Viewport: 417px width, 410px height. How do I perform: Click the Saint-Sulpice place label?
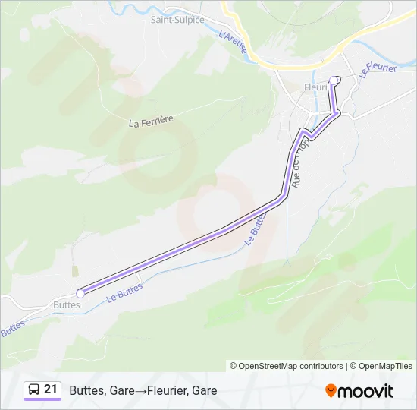(x=177, y=20)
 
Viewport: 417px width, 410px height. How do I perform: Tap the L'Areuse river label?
(x=233, y=43)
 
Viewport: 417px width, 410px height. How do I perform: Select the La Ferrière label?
(x=152, y=121)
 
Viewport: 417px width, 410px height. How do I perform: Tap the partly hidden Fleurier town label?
(x=314, y=87)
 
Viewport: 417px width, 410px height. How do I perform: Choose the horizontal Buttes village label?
(x=66, y=304)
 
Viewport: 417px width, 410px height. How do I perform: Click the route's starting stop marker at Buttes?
(x=80, y=293)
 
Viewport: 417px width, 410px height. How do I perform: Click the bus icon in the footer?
(x=34, y=389)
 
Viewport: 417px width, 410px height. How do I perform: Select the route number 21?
(x=51, y=389)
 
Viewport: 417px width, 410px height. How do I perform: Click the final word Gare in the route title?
(x=205, y=391)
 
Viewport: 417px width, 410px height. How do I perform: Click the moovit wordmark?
(x=367, y=391)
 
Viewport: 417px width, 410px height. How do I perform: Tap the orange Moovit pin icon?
(x=331, y=391)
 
